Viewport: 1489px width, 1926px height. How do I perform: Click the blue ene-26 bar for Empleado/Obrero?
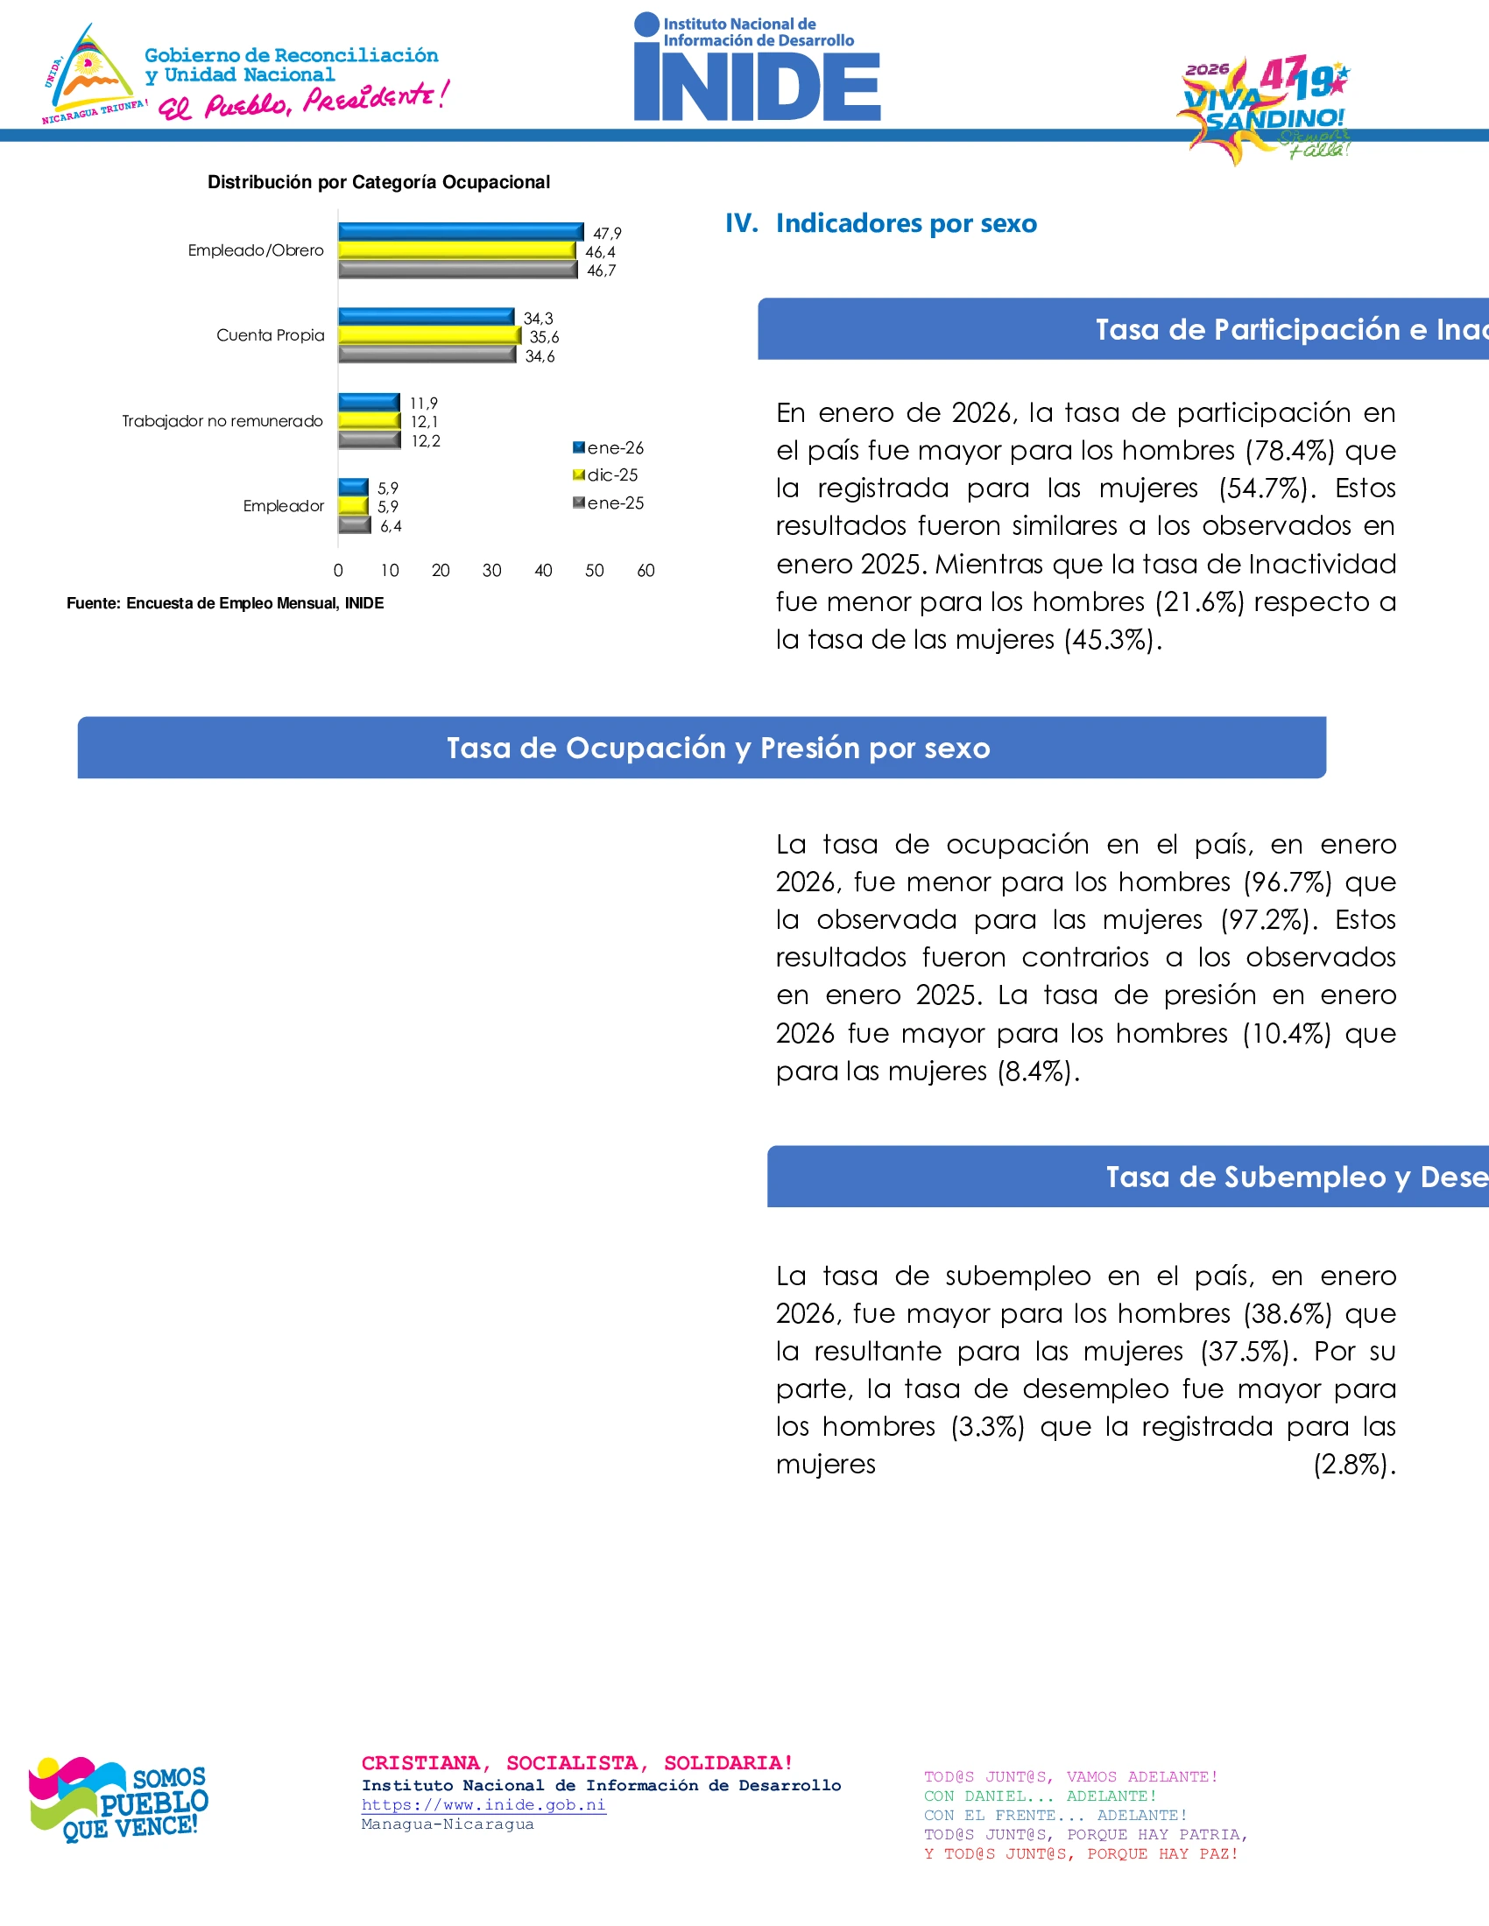pyautogui.click(x=461, y=232)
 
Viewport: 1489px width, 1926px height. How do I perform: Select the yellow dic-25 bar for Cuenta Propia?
pyautogui.click(x=429, y=336)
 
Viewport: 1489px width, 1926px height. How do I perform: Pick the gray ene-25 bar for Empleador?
pyautogui.click(x=355, y=525)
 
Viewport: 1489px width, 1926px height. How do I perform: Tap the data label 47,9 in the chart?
pyautogui.click(x=607, y=234)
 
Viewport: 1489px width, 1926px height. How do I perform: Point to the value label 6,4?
pyautogui.click(x=391, y=526)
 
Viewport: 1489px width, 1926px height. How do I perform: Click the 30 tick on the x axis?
pyautogui.click(x=491, y=571)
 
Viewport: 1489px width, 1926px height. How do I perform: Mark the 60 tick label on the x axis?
pyautogui.click(x=646, y=571)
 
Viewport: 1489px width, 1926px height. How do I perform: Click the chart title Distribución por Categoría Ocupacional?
pyautogui.click(x=378, y=183)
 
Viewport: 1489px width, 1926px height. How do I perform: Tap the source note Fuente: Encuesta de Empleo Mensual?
pyautogui.click(x=225, y=603)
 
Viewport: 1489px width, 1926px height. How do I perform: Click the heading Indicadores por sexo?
pyautogui.click(x=905, y=223)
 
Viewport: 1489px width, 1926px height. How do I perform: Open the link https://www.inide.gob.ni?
pyautogui.click(x=483, y=1805)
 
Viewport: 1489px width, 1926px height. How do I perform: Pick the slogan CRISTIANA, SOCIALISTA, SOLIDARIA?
pyautogui.click(x=577, y=1763)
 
